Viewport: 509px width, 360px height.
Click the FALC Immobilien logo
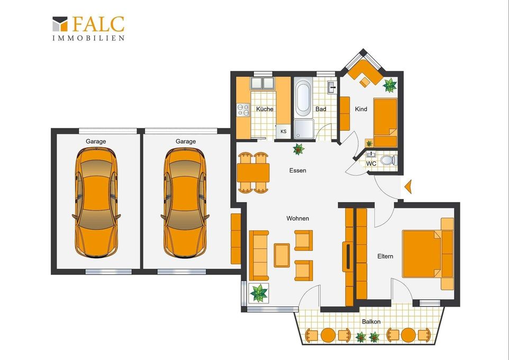[x=88, y=28]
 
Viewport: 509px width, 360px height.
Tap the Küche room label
[x=265, y=109]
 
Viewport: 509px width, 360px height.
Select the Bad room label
[x=321, y=109]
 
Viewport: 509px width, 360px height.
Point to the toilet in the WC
[x=388, y=160]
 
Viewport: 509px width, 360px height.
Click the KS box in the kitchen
[x=284, y=132]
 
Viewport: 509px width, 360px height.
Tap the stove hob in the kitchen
[x=243, y=110]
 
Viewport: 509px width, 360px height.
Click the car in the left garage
[x=96, y=202]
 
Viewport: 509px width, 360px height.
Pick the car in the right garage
[x=185, y=202]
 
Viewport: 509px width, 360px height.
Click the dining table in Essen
[x=253, y=173]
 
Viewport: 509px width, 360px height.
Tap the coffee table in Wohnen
[x=282, y=255]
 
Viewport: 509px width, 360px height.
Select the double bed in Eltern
[x=422, y=254]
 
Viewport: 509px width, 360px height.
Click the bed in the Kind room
[x=385, y=122]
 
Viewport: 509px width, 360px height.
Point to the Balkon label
[x=371, y=322]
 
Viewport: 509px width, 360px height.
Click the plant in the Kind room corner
[x=389, y=85]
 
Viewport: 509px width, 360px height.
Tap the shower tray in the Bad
[x=304, y=129]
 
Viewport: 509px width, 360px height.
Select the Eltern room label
[x=385, y=256]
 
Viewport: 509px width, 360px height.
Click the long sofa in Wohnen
[x=259, y=255]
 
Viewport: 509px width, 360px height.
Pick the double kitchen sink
[x=262, y=83]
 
